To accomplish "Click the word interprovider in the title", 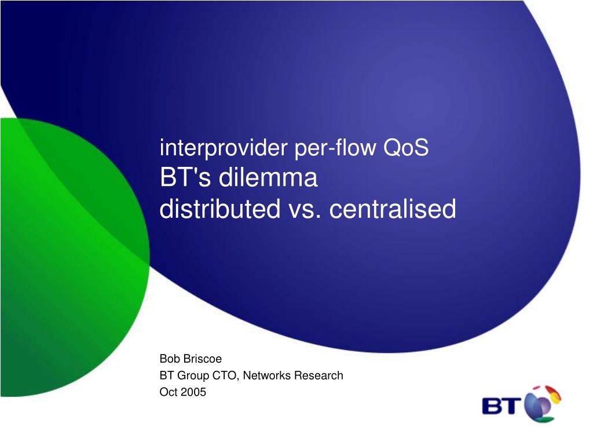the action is pos(224,148).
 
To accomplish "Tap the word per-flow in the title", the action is pos(335,148).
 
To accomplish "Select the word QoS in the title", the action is pos(406,147).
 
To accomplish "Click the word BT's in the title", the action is pos(185,177).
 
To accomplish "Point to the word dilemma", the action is pos(268,177).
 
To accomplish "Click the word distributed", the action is pos(219,209).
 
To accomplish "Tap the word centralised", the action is pos(393,209).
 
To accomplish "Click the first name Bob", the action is pos(170,358).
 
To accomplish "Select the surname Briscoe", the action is pos(202,358).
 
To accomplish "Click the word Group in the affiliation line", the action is pos(193,375).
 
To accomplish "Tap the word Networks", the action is pos(266,375).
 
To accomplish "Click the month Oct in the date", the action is pos(169,392).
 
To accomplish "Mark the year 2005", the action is pos(193,392).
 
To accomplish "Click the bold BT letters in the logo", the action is pos(502,406).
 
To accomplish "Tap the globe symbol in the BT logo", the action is pos(541,404).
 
